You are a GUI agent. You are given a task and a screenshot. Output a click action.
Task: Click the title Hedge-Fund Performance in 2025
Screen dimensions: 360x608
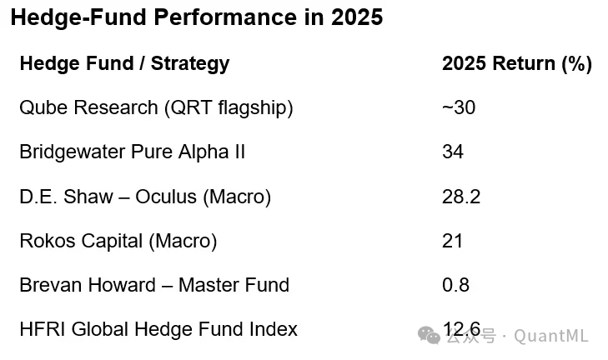tap(196, 18)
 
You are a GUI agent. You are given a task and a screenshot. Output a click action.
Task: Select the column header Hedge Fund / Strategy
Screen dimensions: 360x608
tap(124, 63)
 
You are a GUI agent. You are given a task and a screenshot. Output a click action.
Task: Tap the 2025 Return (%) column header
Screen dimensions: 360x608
tap(516, 63)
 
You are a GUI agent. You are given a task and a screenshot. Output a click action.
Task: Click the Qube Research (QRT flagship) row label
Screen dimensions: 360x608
tap(156, 107)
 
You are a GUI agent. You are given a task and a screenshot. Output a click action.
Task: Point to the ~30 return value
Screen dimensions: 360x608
tap(459, 107)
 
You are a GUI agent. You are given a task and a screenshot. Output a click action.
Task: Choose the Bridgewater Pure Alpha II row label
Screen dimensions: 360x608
tap(132, 152)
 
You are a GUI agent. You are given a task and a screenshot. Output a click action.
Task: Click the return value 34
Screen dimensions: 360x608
tap(453, 152)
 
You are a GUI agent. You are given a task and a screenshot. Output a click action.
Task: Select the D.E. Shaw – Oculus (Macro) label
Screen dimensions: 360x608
tap(145, 197)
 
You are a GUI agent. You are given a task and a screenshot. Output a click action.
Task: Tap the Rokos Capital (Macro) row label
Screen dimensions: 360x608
tap(118, 241)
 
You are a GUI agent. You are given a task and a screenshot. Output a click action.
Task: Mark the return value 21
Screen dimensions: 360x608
tap(452, 241)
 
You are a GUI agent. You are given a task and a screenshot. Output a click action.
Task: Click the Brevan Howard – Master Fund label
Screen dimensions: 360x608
tap(154, 285)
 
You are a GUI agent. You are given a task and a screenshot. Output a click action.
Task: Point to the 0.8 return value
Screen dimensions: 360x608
tap(455, 285)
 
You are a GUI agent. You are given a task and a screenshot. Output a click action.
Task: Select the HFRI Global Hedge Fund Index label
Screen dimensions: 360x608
tap(158, 329)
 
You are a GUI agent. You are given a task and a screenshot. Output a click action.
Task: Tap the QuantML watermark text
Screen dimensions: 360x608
tap(551, 336)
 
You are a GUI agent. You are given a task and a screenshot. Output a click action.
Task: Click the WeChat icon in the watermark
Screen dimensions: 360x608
tap(430, 335)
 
